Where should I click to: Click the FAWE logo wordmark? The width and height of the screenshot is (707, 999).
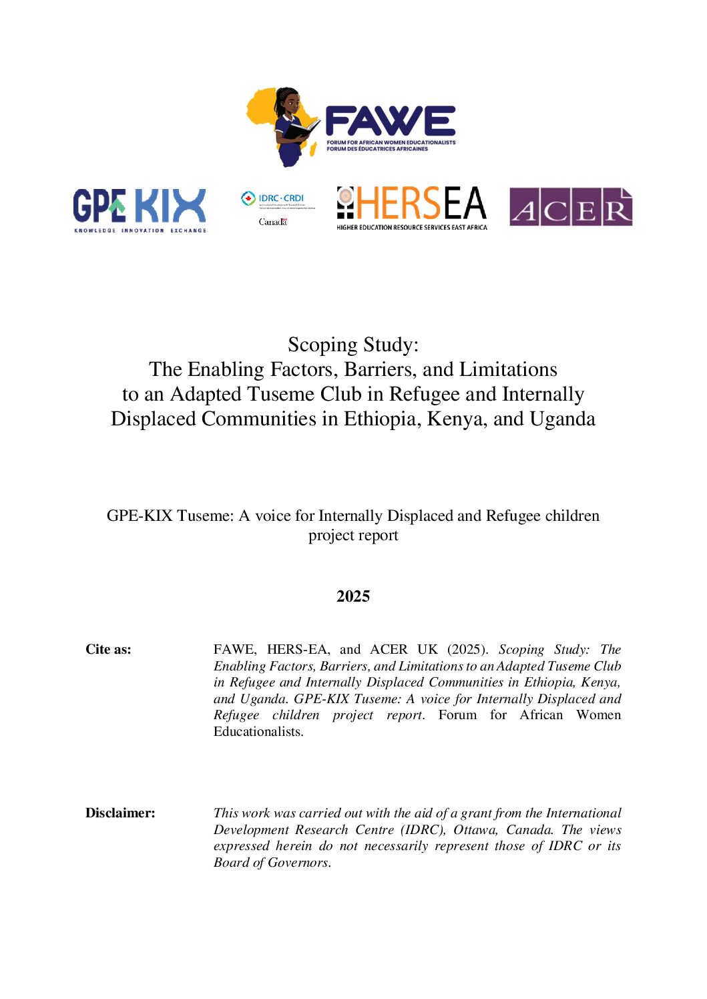pos(390,122)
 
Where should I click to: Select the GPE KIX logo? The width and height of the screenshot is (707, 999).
pos(140,209)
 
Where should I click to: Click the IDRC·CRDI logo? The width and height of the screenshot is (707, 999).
pos(274,199)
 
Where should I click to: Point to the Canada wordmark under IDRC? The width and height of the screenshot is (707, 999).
pos(272,222)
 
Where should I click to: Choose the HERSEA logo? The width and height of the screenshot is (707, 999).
pos(411,208)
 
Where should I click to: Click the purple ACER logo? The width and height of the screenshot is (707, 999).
pos(570,208)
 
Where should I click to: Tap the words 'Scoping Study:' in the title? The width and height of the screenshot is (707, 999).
pos(353,345)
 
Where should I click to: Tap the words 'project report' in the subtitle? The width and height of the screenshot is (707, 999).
pos(353,535)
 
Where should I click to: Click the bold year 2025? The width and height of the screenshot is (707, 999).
pos(353,596)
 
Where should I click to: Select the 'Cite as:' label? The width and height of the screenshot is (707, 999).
pos(108,649)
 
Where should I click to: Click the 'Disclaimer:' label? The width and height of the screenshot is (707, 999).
pos(120,813)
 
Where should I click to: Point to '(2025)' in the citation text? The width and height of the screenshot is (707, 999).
pos(467,649)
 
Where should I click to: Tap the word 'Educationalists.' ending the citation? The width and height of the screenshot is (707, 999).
pos(258,731)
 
